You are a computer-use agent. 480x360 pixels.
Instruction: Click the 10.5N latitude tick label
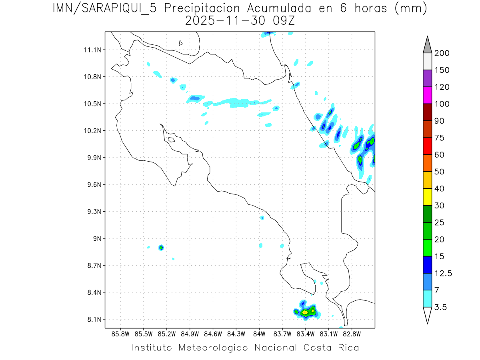93,104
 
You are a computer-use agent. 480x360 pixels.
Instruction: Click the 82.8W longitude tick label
352,334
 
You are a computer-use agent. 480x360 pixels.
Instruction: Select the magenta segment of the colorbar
427,95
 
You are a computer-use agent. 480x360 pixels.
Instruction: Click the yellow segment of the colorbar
427,197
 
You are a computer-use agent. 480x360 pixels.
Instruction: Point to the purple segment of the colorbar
427,78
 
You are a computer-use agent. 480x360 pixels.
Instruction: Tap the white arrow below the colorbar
427,315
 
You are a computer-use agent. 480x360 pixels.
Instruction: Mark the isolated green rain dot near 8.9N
161,248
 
